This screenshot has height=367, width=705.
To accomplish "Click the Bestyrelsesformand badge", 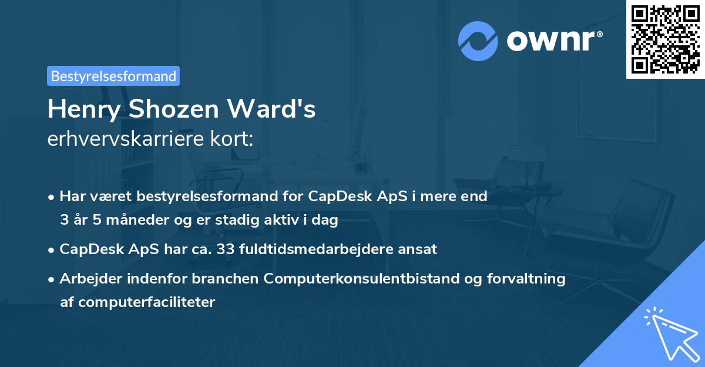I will [113, 76].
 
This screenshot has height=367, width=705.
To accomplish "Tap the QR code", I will [665, 39].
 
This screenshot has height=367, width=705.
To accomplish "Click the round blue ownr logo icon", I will [478, 41].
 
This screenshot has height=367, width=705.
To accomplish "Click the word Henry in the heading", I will [81, 109].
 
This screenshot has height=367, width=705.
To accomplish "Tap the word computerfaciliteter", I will [137, 302].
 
